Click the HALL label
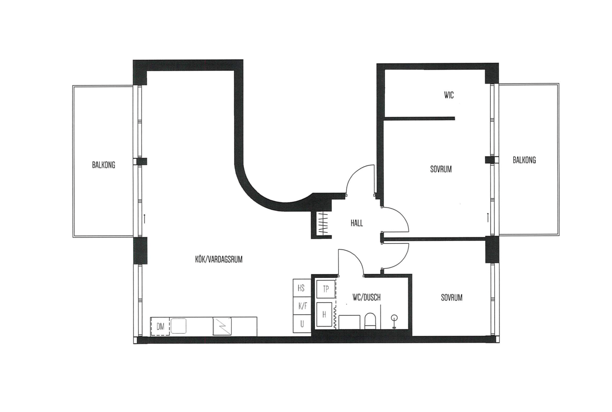pos(356,223)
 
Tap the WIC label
pos(449,95)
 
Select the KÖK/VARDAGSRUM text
pos(219,259)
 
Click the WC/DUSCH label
pos(366,298)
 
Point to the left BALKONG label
pos(104,165)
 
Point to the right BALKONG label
pos(524,160)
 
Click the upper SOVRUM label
pos(441,169)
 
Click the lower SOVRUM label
pos(452,298)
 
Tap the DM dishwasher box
pos(160,326)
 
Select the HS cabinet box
pos(302,288)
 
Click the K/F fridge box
pos(302,306)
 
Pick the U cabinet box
pos(302,324)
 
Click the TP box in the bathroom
pos(325,289)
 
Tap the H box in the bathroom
pos(324,315)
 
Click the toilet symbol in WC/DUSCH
pos(371,321)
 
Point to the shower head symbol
pos(394,322)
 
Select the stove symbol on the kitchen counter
pos(222,326)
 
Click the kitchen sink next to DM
pos(178,326)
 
